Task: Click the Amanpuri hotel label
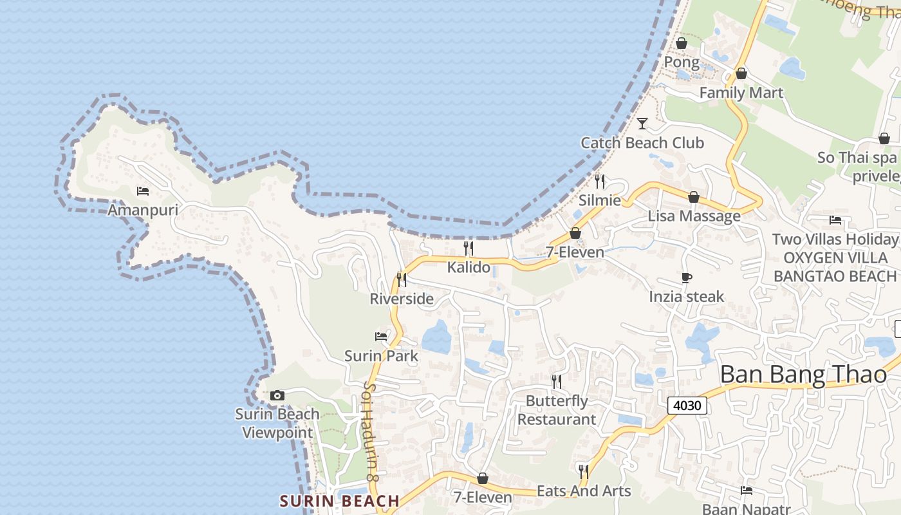[x=143, y=210]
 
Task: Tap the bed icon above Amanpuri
[x=143, y=191]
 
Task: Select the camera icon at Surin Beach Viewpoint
[x=277, y=395]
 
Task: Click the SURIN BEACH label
[x=340, y=501]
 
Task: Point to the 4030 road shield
[x=687, y=406]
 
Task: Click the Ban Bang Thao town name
[x=803, y=374]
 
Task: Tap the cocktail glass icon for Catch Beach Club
[x=642, y=123]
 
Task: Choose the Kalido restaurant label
[x=469, y=267]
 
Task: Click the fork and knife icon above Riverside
[x=402, y=279]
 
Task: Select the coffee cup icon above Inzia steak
[x=687, y=277]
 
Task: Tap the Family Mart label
[x=741, y=93]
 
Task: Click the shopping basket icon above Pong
[x=682, y=43]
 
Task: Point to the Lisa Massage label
[x=694, y=216]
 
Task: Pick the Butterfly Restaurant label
[x=557, y=410]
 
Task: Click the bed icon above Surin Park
[x=381, y=336]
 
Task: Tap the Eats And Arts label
[x=584, y=491]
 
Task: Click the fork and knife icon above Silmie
[x=600, y=181]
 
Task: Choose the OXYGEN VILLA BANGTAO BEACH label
[x=835, y=267]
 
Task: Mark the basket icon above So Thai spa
[x=884, y=138]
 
